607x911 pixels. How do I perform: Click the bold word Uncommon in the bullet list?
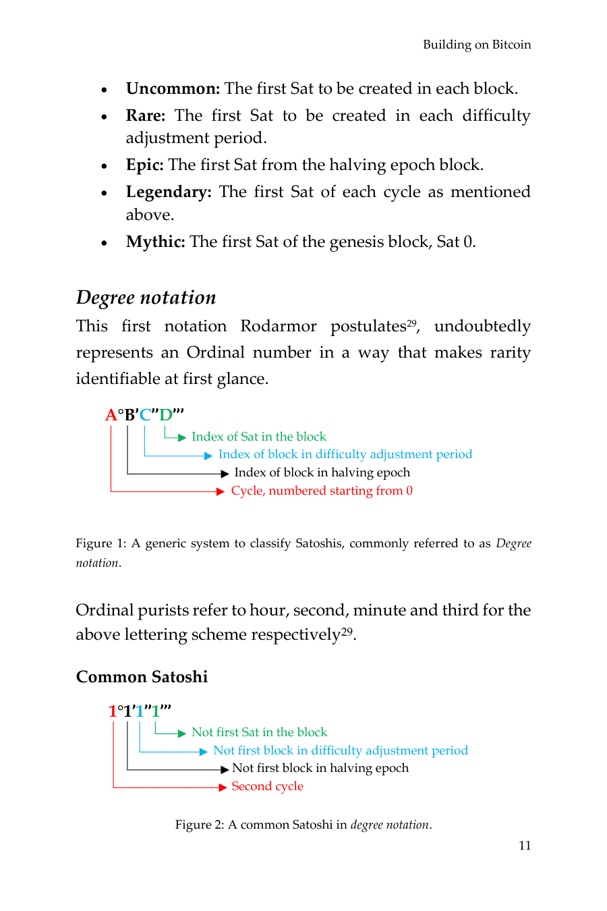click(173, 89)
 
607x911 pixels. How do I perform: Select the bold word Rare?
click(145, 116)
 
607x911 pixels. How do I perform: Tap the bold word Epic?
click(144, 165)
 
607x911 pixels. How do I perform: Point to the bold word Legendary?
click(168, 192)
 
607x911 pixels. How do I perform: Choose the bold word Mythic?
click(155, 242)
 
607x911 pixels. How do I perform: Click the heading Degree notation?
click(146, 298)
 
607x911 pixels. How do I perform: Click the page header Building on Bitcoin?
click(476, 45)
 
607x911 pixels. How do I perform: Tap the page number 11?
click(525, 846)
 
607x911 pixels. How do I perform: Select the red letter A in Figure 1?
click(111, 414)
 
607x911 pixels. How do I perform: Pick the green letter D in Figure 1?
click(165, 414)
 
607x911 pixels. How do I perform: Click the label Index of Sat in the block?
click(258, 437)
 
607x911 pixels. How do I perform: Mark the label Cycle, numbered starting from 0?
click(322, 491)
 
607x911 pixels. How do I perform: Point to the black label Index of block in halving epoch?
click(322, 472)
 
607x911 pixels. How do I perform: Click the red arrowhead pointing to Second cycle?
click(222, 787)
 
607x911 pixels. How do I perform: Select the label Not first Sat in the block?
click(259, 732)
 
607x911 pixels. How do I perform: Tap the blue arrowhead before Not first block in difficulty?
click(203, 751)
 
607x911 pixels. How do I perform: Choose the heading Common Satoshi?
click(142, 677)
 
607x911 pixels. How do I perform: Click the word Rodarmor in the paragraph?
click(278, 327)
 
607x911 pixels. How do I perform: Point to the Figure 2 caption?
click(303, 825)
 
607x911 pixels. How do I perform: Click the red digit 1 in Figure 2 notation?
click(112, 711)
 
